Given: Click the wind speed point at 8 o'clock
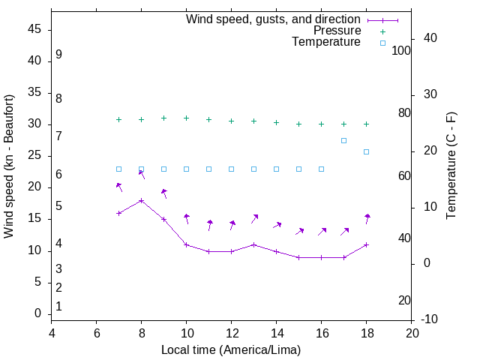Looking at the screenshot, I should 141,200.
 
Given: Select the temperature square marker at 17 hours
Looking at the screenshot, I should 343,140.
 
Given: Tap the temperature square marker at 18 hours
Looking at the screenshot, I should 366,151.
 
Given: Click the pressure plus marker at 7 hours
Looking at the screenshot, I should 118,119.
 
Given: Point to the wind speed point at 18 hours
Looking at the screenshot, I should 366,244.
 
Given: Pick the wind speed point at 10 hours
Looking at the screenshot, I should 186,244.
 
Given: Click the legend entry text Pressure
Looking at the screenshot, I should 337,31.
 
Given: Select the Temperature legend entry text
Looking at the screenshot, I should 326,42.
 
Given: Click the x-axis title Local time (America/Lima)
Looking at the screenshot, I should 231,350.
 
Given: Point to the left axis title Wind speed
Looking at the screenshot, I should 9,166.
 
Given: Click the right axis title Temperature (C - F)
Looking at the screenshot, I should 451,166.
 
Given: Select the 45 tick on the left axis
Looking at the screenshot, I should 34,29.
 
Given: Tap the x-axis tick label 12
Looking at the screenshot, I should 231,332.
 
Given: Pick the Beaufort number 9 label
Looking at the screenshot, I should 58,55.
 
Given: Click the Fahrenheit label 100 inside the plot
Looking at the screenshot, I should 401,50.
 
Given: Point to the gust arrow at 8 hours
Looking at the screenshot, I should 142,175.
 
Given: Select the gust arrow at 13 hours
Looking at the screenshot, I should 254,219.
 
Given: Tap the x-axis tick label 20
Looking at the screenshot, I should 411,332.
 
